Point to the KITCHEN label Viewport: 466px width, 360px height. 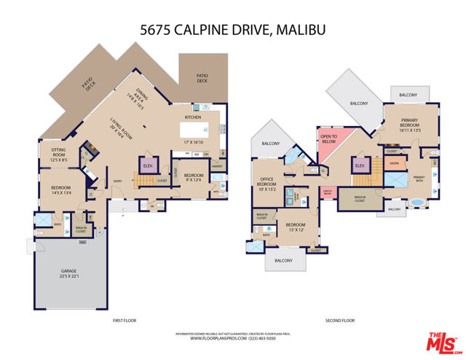click(x=192, y=117)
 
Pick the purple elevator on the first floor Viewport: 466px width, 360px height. click(x=148, y=165)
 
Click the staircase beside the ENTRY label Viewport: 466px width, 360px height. click(x=143, y=179)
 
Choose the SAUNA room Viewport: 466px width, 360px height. click(x=394, y=163)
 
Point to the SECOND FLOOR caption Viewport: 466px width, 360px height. click(x=339, y=321)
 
